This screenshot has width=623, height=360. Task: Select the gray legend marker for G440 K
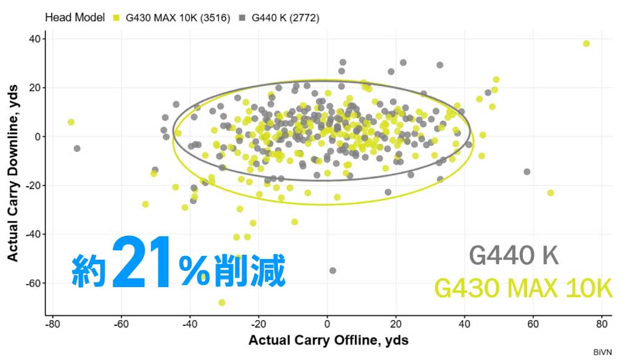click(242, 18)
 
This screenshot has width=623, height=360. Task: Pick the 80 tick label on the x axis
click(601, 324)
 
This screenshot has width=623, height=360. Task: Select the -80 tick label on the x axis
click(53, 324)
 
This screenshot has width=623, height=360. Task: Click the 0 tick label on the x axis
click(327, 324)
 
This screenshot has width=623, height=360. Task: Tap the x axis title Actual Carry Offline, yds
click(328, 341)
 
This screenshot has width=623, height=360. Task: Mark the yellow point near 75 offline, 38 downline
click(586, 44)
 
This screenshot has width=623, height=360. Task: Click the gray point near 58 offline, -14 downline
click(527, 171)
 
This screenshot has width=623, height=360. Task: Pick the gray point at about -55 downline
click(333, 270)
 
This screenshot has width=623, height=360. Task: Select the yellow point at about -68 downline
click(222, 303)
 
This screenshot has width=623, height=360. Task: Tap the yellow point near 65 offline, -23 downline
click(551, 193)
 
